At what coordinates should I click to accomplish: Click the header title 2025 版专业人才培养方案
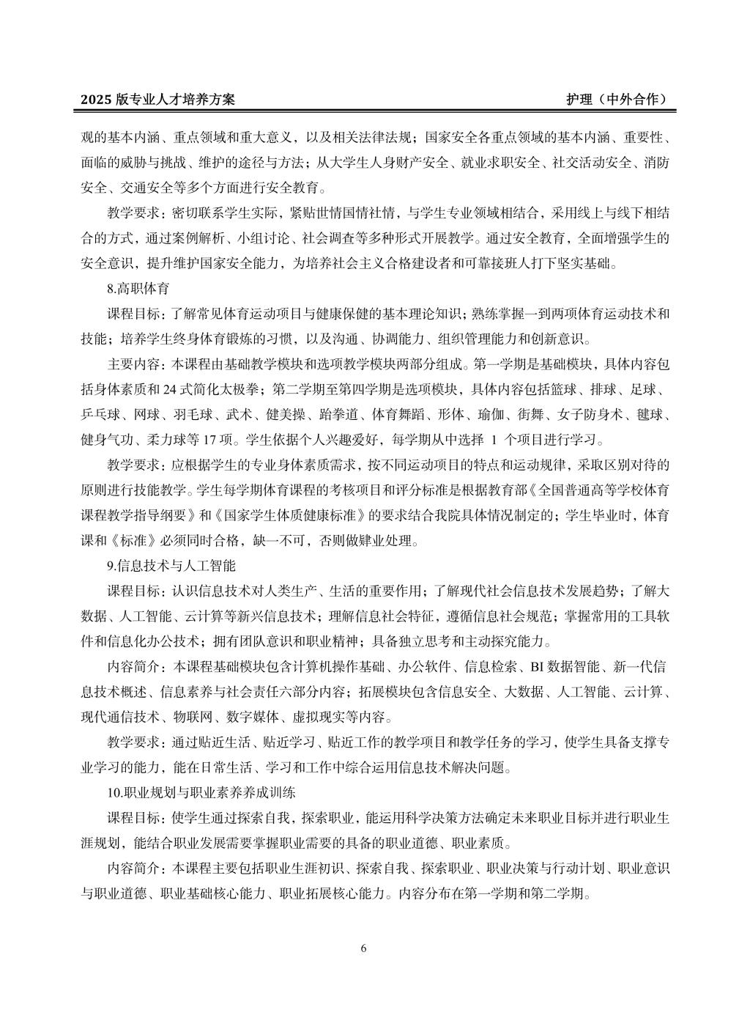pyautogui.click(x=157, y=100)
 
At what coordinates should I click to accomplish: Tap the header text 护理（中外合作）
pyautogui.click(x=617, y=100)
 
